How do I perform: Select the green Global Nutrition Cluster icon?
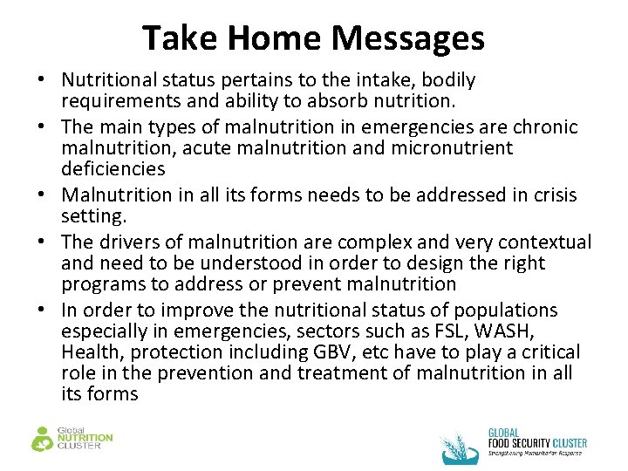coord(42,438)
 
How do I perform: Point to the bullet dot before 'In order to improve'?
coord(42,311)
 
